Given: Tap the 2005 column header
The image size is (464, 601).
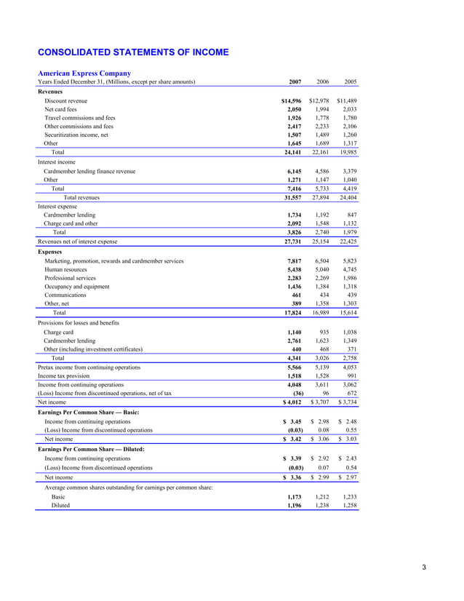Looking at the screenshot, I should pyautogui.click(x=350, y=82).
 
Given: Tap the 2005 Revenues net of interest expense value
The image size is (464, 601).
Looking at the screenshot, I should pyautogui.click(x=346, y=241).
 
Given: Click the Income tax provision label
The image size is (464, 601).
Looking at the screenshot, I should pyautogui.click(x=66, y=375).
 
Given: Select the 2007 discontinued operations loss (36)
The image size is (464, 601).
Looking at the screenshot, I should pyautogui.click(x=295, y=392).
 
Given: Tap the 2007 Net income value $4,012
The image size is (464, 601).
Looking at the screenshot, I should pyautogui.click(x=292, y=402).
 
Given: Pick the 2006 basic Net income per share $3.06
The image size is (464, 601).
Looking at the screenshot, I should pyautogui.click(x=320, y=439).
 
